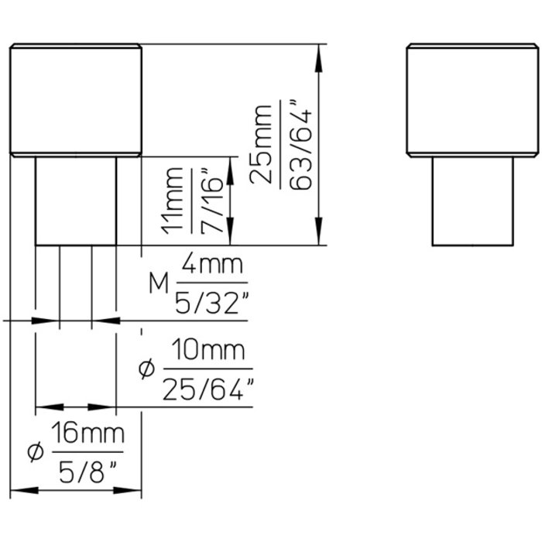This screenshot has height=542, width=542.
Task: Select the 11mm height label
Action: (175, 200)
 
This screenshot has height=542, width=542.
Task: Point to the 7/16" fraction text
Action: (212, 200)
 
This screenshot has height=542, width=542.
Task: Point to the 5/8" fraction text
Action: (87, 470)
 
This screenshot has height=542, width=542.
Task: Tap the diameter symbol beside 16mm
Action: (32, 452)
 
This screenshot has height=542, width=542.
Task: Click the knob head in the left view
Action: (76, 101)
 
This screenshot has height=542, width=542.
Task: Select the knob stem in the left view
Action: (76, 201)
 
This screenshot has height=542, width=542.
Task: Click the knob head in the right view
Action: (472, 101)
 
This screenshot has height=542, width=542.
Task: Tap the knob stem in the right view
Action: (472, 201)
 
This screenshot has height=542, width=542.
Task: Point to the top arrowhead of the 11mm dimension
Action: (230, 166)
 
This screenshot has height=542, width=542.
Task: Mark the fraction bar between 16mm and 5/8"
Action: (87, 452)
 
